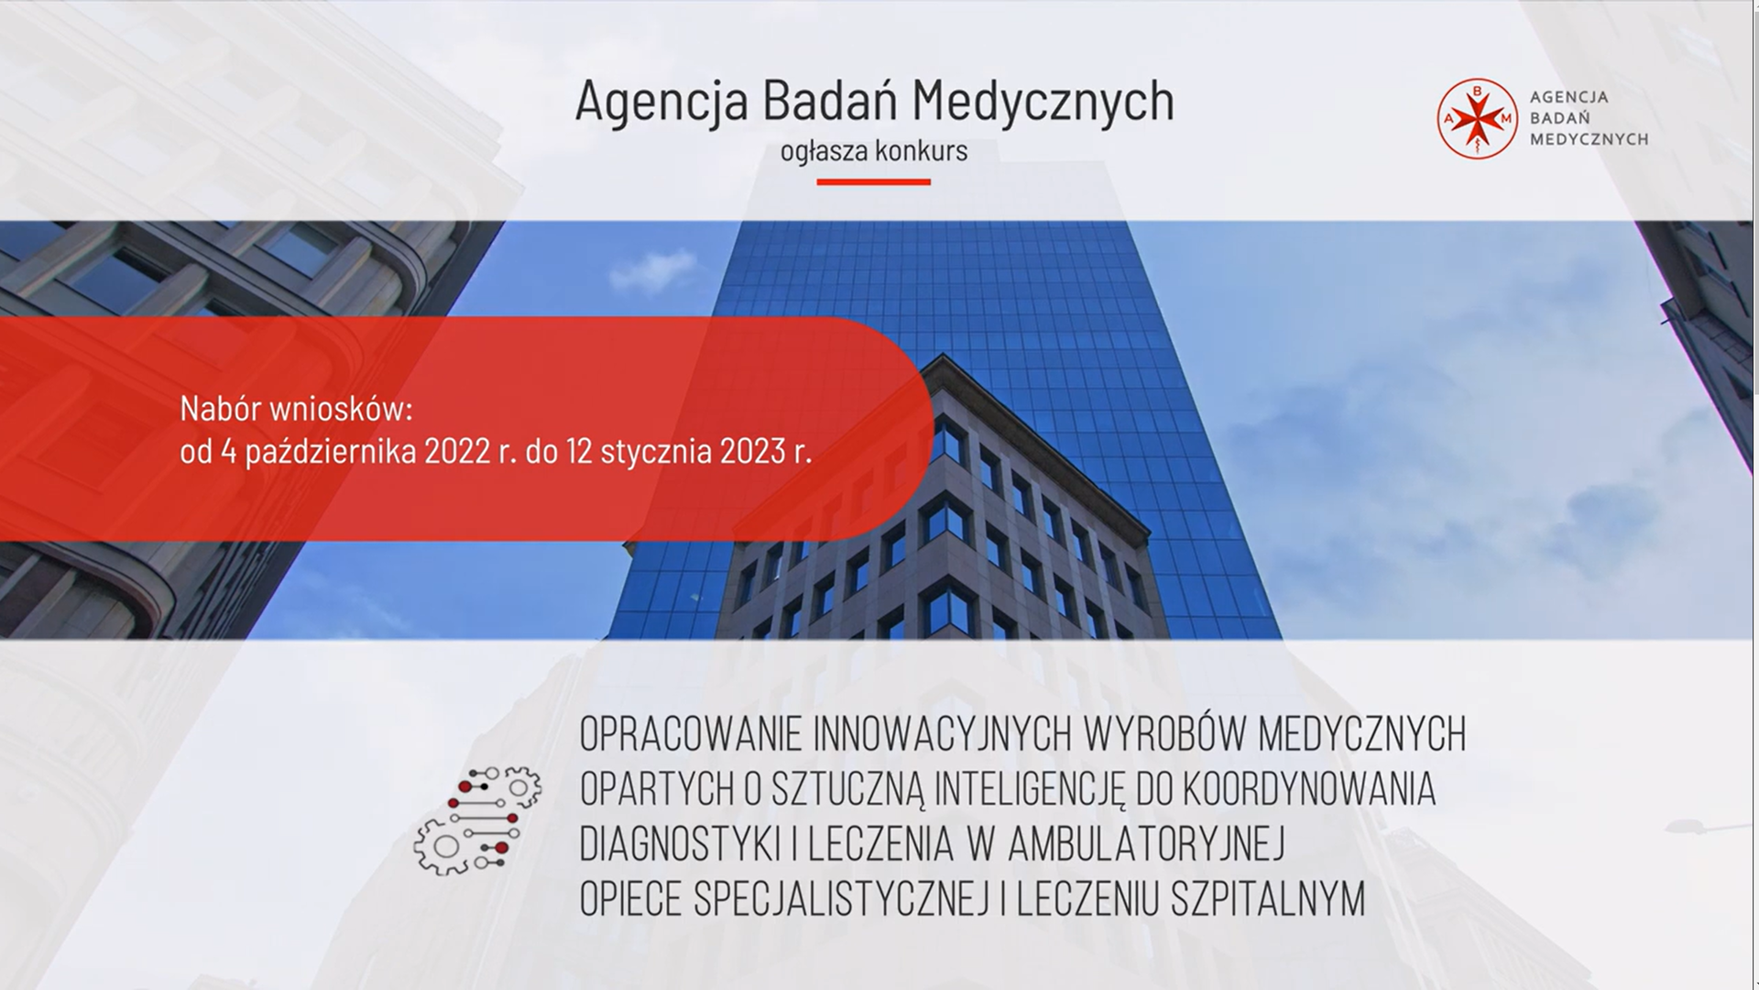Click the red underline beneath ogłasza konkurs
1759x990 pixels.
tap(873, 181)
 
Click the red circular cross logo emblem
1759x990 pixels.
tap(1478, 118)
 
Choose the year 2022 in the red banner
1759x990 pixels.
tap(457, 451)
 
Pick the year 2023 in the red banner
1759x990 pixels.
tap(753, 451)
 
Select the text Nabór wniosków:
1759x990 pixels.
tap(296, 409)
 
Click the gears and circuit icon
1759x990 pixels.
tap(477, 819)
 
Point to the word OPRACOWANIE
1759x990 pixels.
tap(689, 733)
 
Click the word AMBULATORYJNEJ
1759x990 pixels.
tap(1146, 845)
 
